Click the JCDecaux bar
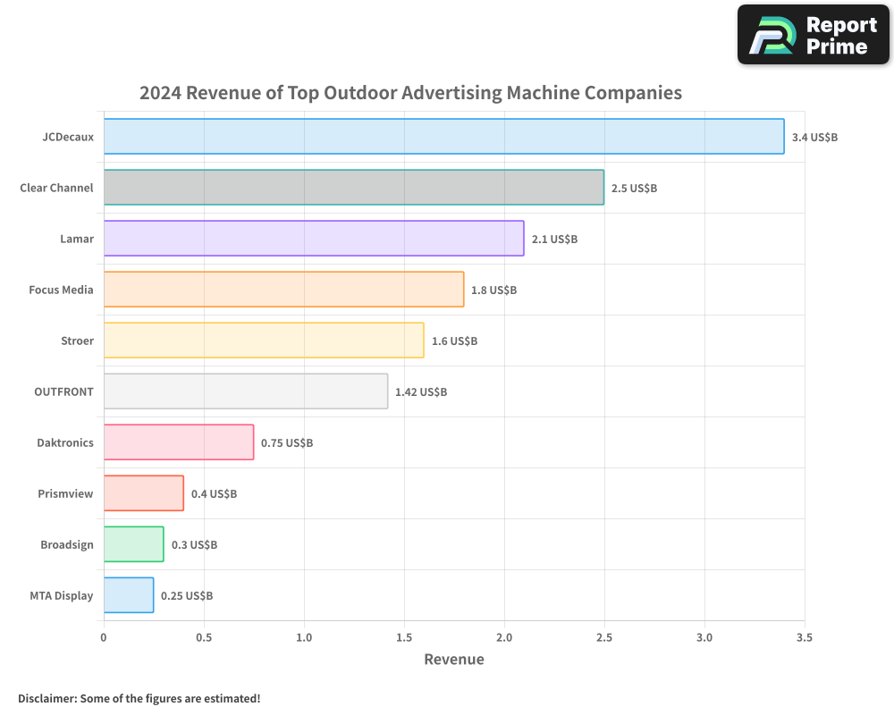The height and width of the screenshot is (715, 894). tap(443, 137)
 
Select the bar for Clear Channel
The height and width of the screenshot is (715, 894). tap(353, 188)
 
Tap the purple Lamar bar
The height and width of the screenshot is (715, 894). tap(314, 239)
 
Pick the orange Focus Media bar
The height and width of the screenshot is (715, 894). tap(283, 290)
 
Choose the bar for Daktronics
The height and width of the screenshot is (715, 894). tap(179, 442)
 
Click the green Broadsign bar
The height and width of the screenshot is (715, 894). tap(133, 544)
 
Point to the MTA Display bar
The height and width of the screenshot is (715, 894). tap(129, 595)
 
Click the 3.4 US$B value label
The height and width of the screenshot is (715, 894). tap(814, 137)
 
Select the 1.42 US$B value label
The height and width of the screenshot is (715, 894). tap(421, 391)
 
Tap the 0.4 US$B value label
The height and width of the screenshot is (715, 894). tap(214, 493)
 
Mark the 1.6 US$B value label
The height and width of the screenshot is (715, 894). tap(454, 341)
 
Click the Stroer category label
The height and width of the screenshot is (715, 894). tap(77, 341)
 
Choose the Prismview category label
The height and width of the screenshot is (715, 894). tap(65, 493)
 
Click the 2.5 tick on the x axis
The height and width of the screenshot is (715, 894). tap(604, 637)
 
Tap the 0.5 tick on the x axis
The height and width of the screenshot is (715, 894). tap(204, 637)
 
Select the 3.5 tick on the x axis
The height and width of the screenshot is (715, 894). tap(805, 637)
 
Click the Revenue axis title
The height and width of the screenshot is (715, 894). tap(454, 660)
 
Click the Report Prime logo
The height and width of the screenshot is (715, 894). tap(814, 35)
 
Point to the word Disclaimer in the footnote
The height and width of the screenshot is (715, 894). tap(46, 698)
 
